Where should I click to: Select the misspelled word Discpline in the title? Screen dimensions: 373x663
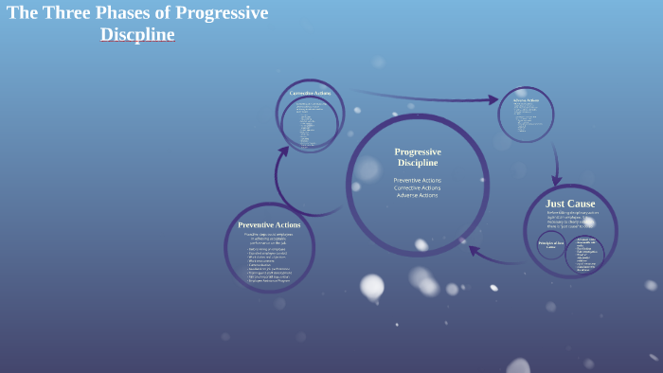137,35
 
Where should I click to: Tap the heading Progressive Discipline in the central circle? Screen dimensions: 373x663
418,157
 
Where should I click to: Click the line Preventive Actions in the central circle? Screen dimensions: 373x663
418,180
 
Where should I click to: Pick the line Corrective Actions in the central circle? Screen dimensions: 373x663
418,187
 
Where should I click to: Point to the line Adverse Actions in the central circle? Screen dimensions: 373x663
418,195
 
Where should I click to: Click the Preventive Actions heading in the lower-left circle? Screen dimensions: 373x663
269,224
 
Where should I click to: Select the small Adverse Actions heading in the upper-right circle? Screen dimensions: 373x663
526,99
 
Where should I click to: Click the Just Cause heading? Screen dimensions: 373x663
570,204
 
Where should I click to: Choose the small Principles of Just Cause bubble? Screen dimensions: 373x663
551,245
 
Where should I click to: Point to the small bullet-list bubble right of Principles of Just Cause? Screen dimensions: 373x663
584,254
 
